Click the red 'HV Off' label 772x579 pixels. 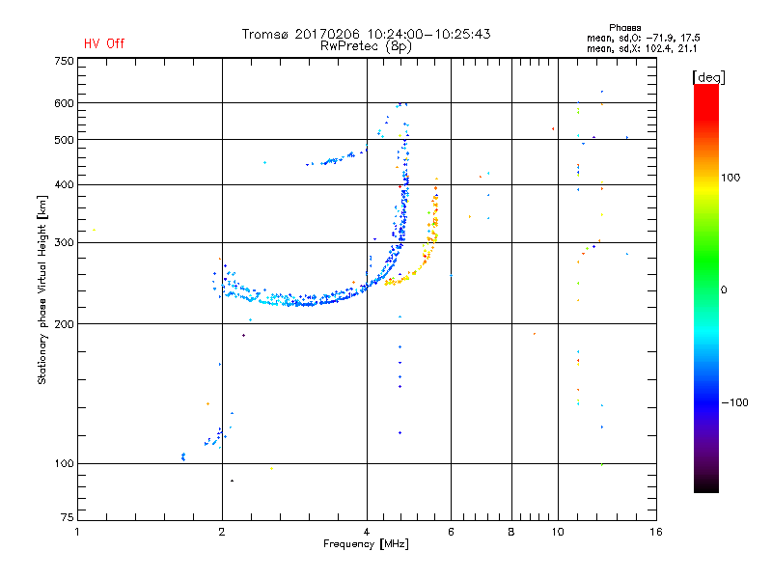point(103,43)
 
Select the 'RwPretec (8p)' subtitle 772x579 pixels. point(366,45)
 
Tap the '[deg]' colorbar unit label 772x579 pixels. point(708,76)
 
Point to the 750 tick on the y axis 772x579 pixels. point(64,61)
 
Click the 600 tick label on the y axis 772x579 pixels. point(64,103)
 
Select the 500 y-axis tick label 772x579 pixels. point(64,139)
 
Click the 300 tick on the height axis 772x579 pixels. point(64,241)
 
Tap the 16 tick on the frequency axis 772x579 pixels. point(655,532)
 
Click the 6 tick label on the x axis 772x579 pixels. point(450,532)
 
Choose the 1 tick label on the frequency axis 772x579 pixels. point(78,532)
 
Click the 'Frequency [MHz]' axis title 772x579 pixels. point(366,545)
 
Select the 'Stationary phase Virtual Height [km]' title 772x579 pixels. point(42,290)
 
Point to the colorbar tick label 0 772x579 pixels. point(724,289)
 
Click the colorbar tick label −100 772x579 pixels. point(735,402)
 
